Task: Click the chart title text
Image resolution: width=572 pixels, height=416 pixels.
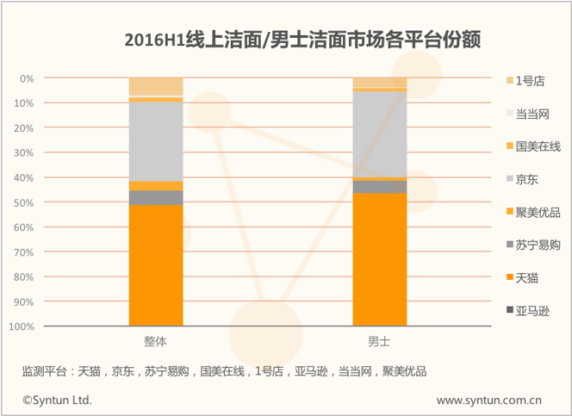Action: click(302, 40)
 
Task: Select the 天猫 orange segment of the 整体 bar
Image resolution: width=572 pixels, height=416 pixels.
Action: click(156, 265)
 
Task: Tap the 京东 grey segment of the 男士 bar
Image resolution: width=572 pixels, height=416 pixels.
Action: click(380, 134)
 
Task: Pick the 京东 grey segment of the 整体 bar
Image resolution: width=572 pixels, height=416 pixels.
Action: click(156, 141)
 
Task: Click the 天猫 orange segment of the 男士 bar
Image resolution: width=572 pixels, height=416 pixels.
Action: click(380, 259)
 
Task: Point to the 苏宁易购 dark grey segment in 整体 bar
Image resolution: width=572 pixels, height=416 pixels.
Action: click(156, 197)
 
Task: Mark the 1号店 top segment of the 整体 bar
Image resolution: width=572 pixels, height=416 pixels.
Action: click(156, 86)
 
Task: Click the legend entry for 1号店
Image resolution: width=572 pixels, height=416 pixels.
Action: click(525, 81)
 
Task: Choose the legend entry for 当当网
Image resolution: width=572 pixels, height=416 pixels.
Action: click(528, 114)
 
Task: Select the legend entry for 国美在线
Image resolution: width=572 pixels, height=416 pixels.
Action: click(533, 146)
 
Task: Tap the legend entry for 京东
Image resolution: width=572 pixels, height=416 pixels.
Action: click(522, 179)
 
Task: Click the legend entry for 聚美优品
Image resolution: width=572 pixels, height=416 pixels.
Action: click(533, 212)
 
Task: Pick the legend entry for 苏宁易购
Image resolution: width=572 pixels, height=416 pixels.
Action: click(533, 245)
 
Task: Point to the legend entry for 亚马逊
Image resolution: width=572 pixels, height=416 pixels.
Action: click(528, 311)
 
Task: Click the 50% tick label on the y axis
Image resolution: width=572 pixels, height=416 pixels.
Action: click(24, 202)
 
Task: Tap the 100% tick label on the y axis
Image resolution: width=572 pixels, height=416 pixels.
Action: click(22, 326)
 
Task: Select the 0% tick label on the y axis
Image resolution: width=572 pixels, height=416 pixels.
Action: click(27, 78)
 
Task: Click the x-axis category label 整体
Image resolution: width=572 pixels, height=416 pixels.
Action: click(155, 342)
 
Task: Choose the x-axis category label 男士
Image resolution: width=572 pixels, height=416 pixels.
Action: click(379, 342)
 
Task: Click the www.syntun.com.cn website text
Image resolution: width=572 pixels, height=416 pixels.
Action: click(488, 400)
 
